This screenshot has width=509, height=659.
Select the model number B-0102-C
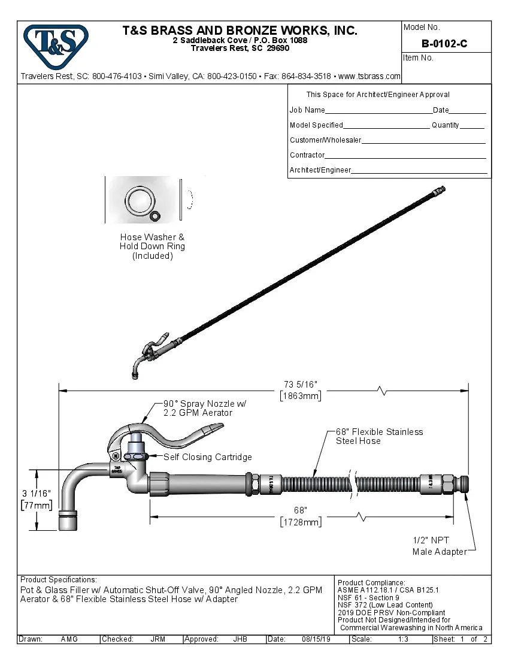point(444,43)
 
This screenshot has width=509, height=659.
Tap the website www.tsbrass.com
point(369,76)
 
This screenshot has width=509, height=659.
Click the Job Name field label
point(307,110)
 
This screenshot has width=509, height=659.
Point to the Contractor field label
point(307,155)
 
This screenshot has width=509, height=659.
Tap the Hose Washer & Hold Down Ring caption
point(152,246)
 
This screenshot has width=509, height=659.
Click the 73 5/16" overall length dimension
point(301,384)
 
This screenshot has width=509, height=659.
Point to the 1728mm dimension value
point(301,522)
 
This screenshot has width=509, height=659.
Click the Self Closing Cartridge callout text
point(208,457)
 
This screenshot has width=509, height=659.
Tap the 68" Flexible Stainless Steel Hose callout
point(378,436)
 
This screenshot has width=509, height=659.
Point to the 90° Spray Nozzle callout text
point(204,408)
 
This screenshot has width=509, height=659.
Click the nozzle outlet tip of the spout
point(68,522)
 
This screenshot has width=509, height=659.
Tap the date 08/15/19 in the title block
point(315,639)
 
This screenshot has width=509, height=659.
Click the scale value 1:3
point(404,639)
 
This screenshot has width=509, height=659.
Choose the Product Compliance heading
point(371,583)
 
